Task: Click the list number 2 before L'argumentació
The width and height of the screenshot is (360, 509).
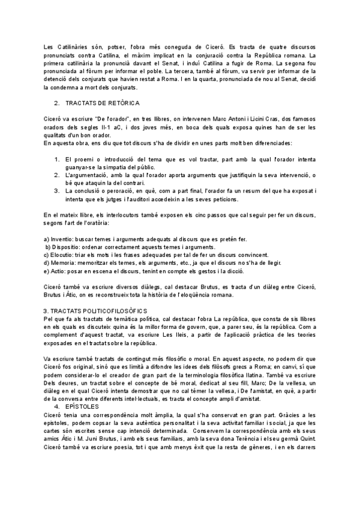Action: [56, 175]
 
